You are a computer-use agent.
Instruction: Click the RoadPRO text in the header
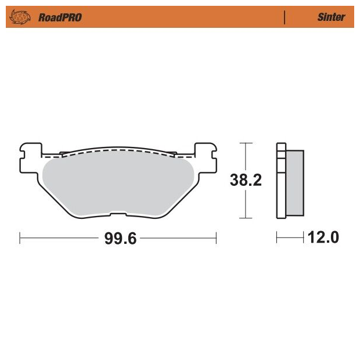coord(60,17)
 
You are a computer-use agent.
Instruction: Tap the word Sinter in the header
coord(331,17)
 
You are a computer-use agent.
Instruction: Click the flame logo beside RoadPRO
coord(20,17)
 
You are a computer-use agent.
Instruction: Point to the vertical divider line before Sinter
coord(285,17)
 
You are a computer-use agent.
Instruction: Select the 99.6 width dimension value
coord(120,238)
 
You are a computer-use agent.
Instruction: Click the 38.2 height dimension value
coord(246,180)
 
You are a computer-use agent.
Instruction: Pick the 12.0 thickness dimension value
coord(323,237)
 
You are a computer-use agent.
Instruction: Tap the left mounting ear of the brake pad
coord(31,158)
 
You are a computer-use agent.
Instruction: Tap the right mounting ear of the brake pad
coord(206,158)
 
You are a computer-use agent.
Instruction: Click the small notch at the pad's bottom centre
coord(118,214)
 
